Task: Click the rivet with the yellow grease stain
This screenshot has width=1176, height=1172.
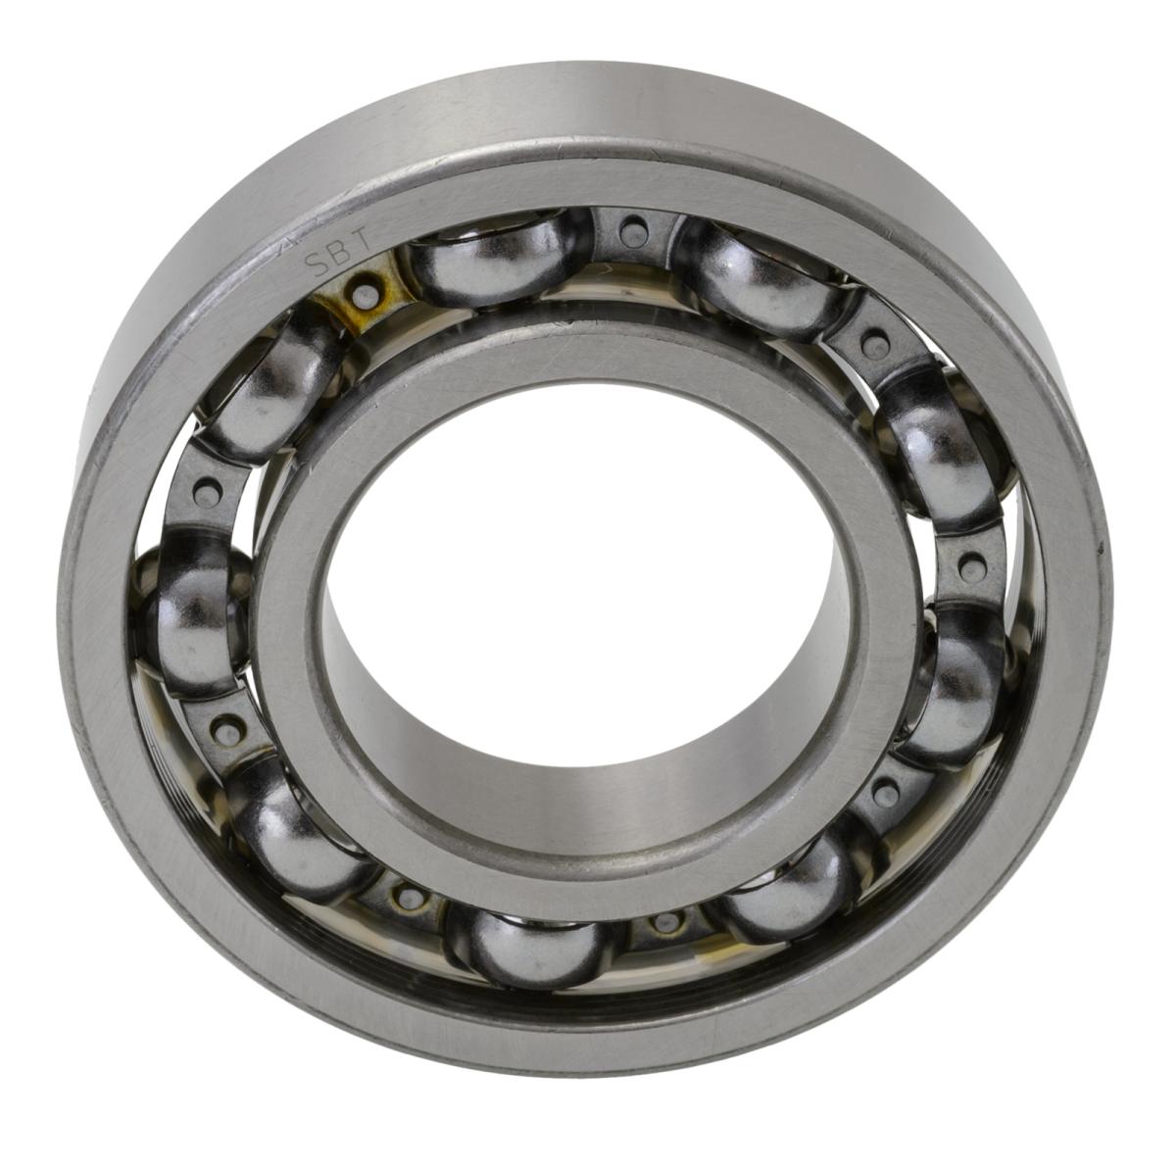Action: [366, 292]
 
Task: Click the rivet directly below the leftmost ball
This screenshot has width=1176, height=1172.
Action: [228, 726]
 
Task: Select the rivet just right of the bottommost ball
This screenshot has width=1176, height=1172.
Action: [666, 921]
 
